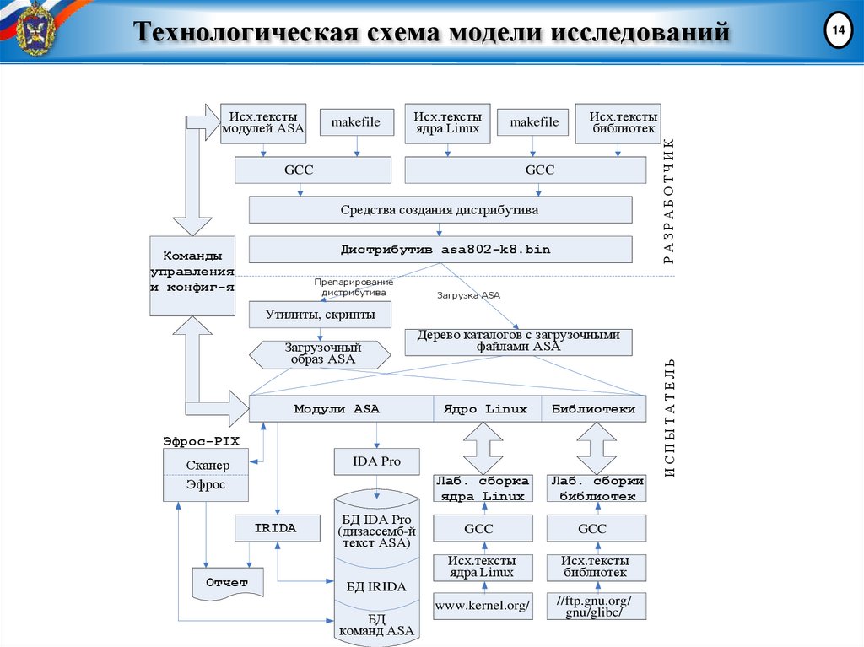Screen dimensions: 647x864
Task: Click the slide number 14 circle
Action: pyautogui.click(x=838, y=32)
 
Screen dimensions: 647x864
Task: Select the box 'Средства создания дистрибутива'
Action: pyautogui.click(x=440, y=210)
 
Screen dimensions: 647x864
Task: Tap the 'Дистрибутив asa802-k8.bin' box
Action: pyautogui.click(x=440, y=250)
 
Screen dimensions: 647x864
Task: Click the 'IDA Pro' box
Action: pyautogui.click(x=377, y=461)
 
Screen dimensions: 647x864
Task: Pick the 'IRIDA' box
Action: pyautogui.click(x=277, y=529)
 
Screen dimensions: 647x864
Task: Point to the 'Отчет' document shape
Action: pyautogui.click(x=227, y=583)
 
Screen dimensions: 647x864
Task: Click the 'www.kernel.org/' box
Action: pyautogui.click(x=483, y=606)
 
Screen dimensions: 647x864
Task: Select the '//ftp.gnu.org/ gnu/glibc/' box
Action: pyautogui.click(x=596, y=606)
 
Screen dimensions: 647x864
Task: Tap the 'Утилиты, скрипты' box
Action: pyautogui.click(x=321, y=315)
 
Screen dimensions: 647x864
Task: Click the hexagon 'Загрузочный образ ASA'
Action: pyautogui.click(x=321, y=353)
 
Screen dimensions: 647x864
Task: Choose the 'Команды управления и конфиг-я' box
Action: pyautogui.click(x=192, y=271)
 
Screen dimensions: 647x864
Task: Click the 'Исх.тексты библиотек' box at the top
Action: pyautogui.click(x=618, y=122)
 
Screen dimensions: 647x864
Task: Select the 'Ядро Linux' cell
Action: pyautogui.click(x=486, y=409)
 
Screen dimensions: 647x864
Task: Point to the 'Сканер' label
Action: pyautogui.click(x=207, y=466)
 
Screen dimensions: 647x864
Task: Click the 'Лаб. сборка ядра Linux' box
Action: pyautogui.click(x=483, y=488)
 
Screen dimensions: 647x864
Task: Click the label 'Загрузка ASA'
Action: pyautogui.click(x=468, y=295)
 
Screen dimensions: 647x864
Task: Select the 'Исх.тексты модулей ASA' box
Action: pyautogui.click(x=263, y=122)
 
